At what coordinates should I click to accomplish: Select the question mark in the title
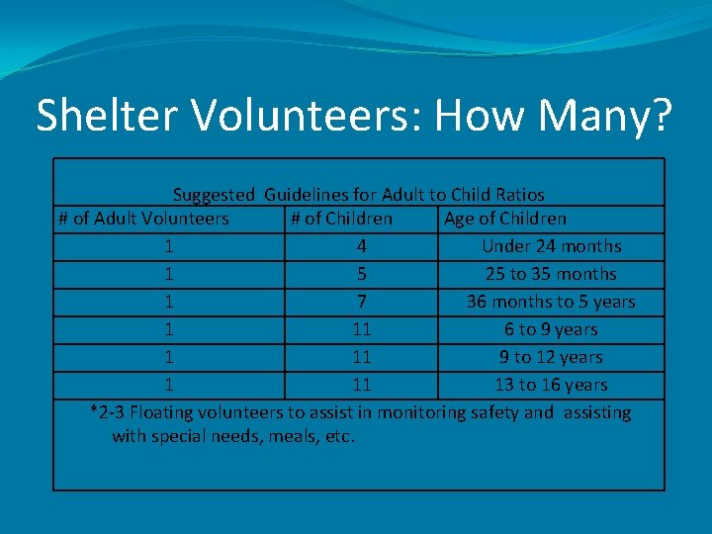pos(659,116)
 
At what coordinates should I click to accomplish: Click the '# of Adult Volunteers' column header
pos(143,219)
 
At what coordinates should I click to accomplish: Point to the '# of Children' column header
pos(341,219)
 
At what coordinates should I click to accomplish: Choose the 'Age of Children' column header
pos(505,219)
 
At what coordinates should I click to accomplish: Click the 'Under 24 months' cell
pos(551,246)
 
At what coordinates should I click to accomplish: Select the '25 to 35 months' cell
pos(551,274)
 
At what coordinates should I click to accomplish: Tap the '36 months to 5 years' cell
pos(551,302)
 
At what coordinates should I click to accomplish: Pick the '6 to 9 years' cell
pos(551,329)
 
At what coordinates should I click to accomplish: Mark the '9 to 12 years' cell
pos(551,357)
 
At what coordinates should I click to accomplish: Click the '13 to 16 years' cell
pos(551,385)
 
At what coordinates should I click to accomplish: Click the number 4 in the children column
pos(362,246)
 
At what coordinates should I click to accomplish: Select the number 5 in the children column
pos(362,274)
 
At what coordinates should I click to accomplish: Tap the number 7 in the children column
pos(362,302)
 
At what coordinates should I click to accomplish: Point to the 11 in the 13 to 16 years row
pos(362,385)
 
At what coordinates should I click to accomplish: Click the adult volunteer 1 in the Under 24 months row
pos(171,246)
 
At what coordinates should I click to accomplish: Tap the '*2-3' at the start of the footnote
pos(107,412)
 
